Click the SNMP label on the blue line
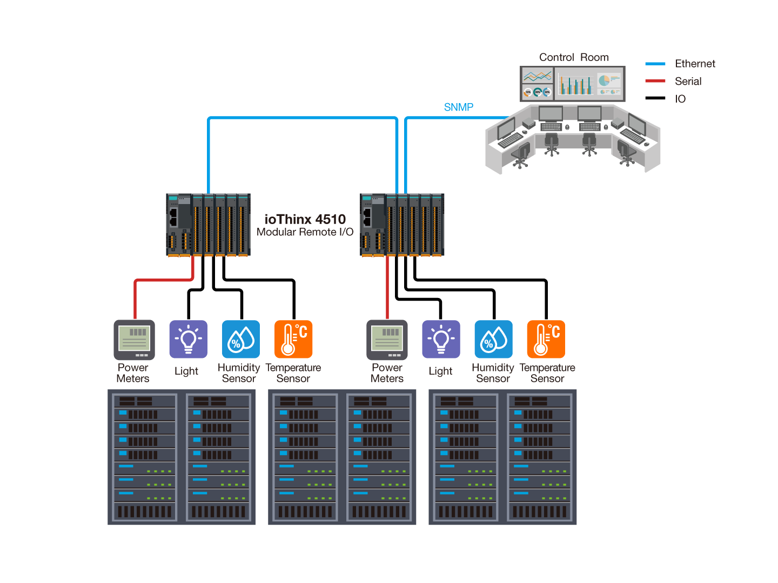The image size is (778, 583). [x=458, y=107]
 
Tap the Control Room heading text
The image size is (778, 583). [x=573, y=57]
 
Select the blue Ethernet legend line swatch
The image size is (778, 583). [x=655, y=64]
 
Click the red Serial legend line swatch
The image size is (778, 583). [x=655, y=82]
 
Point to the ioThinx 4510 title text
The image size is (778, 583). [x=305, y=219]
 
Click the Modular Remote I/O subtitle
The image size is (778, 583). [x=305, y=232]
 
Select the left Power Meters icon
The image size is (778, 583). [x=134, y=340]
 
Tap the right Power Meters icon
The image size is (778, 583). [x=387, y=340]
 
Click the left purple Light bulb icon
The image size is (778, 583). [x=188, y=340]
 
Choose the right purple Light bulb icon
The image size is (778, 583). [x=441, y=340]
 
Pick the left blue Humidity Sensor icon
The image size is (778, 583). [x=241, y=340]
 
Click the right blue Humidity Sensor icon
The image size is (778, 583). [x=493, y=340]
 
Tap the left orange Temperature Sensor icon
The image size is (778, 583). [x=293, y=340]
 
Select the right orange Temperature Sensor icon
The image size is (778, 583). [x=546, y=340]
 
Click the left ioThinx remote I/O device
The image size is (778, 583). [x=208, y=225]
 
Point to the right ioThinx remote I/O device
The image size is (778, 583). [x=403, y=225]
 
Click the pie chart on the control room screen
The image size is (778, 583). [x=604, y=80]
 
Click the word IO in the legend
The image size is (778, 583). [x=680, y=99]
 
